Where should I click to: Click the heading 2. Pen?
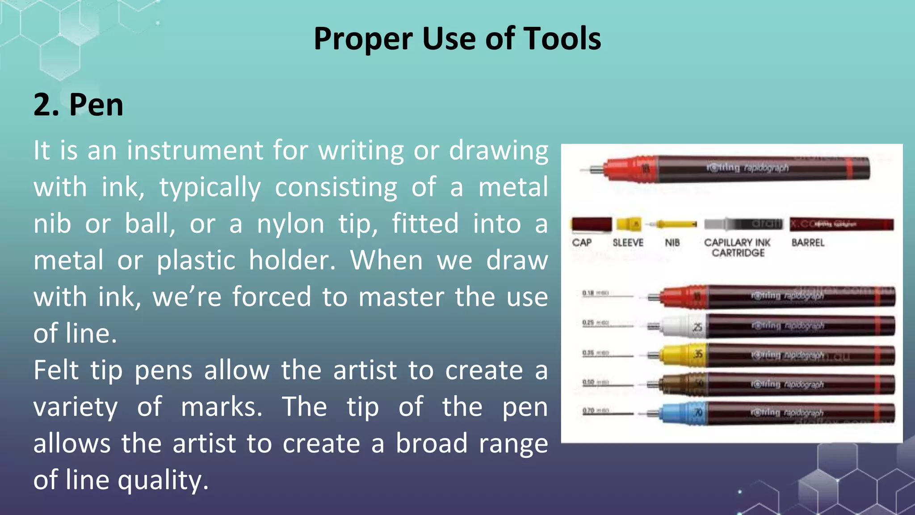78,105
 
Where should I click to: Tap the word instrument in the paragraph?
195,150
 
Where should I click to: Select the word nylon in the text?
290,224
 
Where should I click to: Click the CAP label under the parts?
582,243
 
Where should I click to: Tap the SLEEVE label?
628,243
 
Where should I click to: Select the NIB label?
672,243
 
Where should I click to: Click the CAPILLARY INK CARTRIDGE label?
738,248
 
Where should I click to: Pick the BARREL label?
808,243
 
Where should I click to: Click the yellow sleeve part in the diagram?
629,224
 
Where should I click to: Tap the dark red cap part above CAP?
591,224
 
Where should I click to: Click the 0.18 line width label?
588,293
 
